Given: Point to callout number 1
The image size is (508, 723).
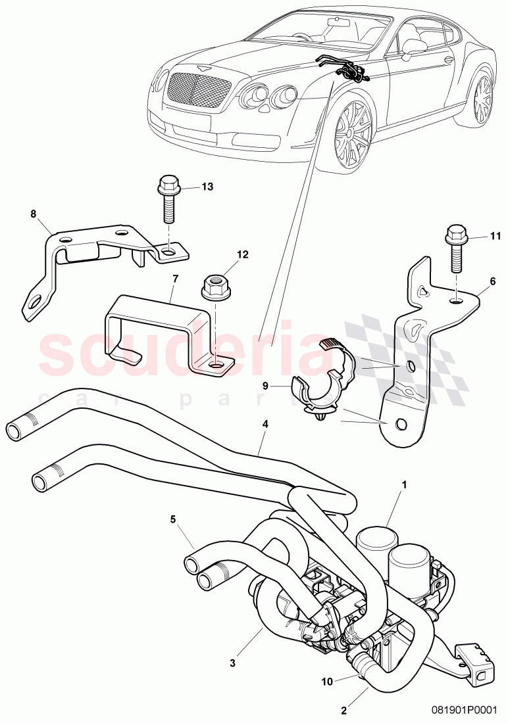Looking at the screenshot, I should tap(405, 484).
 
